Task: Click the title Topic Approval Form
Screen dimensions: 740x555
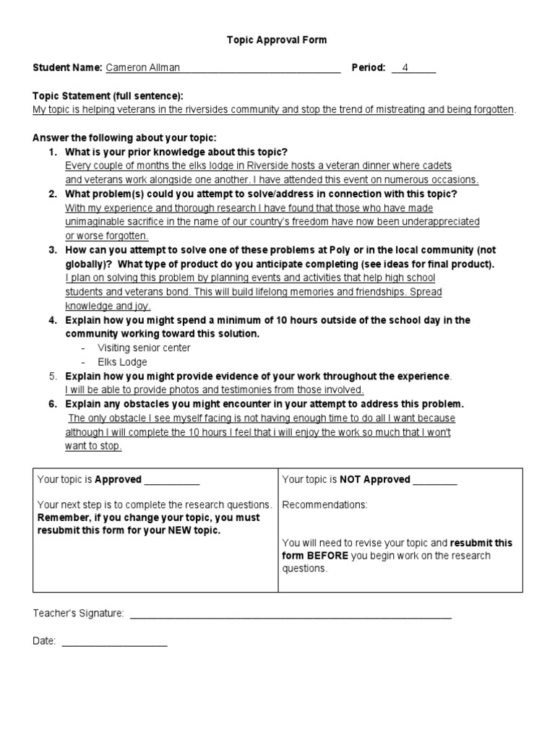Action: pos(277,40)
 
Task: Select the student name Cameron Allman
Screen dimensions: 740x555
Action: pos(142,68)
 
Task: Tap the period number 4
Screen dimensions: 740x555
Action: pos(405,68)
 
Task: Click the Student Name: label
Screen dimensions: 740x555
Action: pos(67,68)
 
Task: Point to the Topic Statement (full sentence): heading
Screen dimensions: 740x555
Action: pos(108,96)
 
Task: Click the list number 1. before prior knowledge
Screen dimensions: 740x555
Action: pos(53,152)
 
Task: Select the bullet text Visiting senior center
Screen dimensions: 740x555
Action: pos(145,348)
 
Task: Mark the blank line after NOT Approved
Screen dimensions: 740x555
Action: pos(435,480)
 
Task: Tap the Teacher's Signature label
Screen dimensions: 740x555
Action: pos(79,614)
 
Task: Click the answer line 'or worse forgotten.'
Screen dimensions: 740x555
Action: pos(107,236)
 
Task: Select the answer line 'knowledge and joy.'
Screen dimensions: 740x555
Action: pos(108,306)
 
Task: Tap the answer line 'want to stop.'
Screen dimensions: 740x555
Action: pos(93,446)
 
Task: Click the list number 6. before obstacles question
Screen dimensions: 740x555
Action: pos(53,404)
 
